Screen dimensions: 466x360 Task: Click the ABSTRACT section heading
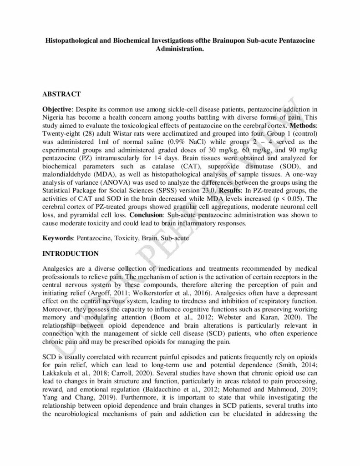pyautogui.click(x=61, y=94)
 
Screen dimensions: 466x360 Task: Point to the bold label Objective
pyautogui.click(x=57, y=111)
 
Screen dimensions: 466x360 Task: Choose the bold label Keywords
pyautogui.click(x=58, y=238)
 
